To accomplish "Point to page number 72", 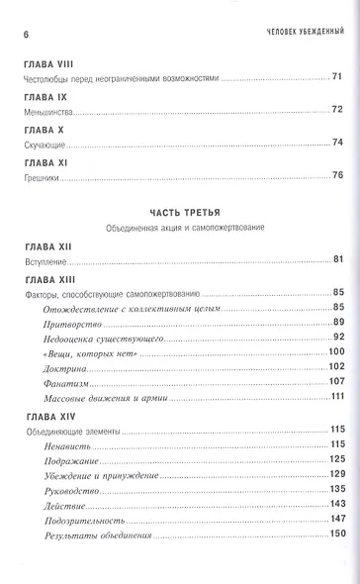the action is (x=336, y=109).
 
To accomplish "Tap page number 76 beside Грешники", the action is (x=336, y=176).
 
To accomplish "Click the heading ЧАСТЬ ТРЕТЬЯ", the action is (x=179, y=213).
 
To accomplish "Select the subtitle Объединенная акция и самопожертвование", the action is (x=179, y=228).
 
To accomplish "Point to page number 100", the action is (x=334, y=352).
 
